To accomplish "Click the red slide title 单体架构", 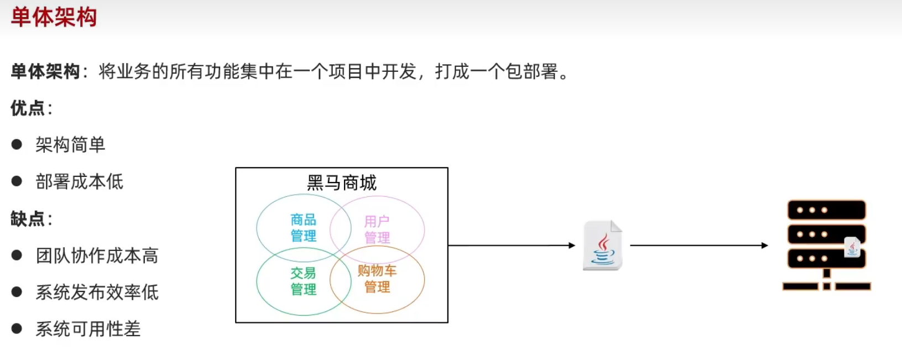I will coord(54,17).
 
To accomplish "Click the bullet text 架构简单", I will coord(70,145).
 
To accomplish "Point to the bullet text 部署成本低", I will coord(79,181).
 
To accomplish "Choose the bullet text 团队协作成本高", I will coord(97,255).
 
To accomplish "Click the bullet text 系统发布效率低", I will coord(97,292).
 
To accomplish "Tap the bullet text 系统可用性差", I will coord(88,329).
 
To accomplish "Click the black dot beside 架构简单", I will coord(17,144).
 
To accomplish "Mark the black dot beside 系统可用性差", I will coord(17,329).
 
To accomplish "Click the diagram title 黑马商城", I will coord(341,182).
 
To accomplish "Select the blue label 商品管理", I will coord(303,228).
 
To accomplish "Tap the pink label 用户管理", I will coord(377,229).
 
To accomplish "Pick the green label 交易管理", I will coord(303,281).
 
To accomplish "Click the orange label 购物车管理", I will coord(377,279).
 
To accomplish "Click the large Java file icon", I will coord(602,246).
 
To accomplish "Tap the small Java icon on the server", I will coord(852,247).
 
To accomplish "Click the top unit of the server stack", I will coord(826,210).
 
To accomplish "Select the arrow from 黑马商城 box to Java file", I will coord(512,246).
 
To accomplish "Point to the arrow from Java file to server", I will coord(698,246).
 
